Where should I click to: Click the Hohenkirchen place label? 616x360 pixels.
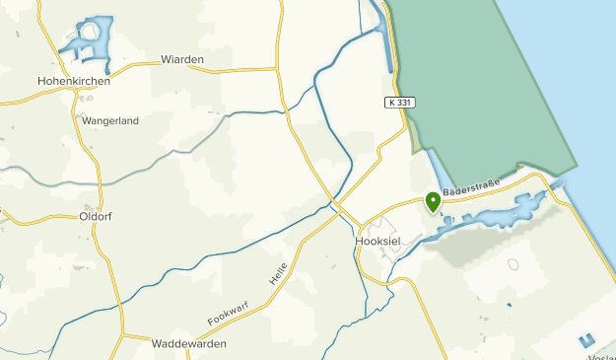[x=73, y=81]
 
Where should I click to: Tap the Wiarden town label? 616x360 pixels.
[x=181, y=60]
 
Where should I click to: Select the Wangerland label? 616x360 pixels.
[x=110, y=121]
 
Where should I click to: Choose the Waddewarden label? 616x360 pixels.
[x=189, y=344]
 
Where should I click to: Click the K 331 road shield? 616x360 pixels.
[x=396, y=102]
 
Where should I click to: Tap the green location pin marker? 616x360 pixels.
[x=432, y=201]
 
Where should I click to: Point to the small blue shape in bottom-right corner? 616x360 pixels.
[x=588, y=340]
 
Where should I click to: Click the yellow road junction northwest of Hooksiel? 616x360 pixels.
[x=336, y=205]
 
